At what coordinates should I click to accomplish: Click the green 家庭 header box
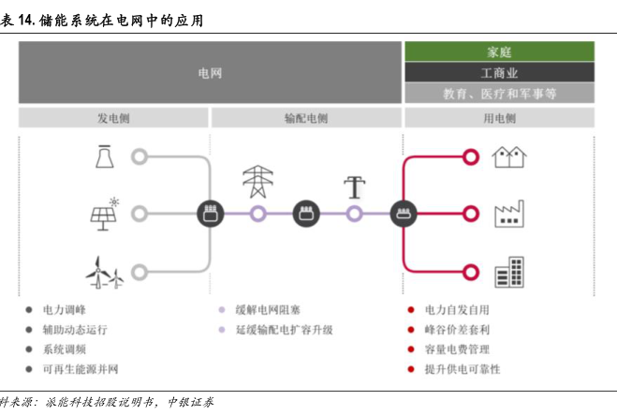(x=499, y=52)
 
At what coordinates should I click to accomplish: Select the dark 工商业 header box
(x=499, y=72)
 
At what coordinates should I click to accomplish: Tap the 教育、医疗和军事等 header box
(x=499, y=93)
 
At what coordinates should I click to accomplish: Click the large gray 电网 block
(x=210, y=72)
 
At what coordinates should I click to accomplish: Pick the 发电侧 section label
(x=113, y=119)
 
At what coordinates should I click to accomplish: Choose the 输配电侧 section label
(x=306, y=119)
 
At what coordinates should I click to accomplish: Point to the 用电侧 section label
(x=499, y=119)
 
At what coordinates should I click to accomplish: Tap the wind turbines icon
(x=104, y=272)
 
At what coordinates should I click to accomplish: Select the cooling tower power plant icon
(x=104, y=156)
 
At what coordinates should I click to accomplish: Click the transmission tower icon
(x=258, y=181)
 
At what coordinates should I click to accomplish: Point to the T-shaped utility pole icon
(x=354, y=186)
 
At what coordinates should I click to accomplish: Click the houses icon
(x=509, y=156)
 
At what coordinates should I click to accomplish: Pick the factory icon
(x=509, y=215)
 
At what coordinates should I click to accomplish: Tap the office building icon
(x=509, y=272)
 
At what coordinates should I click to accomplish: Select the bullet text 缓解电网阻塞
(x=268, y=309)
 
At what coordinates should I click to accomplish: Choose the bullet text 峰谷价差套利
(x=458, y=330)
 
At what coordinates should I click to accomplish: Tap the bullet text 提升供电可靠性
(x=463, y=369)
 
